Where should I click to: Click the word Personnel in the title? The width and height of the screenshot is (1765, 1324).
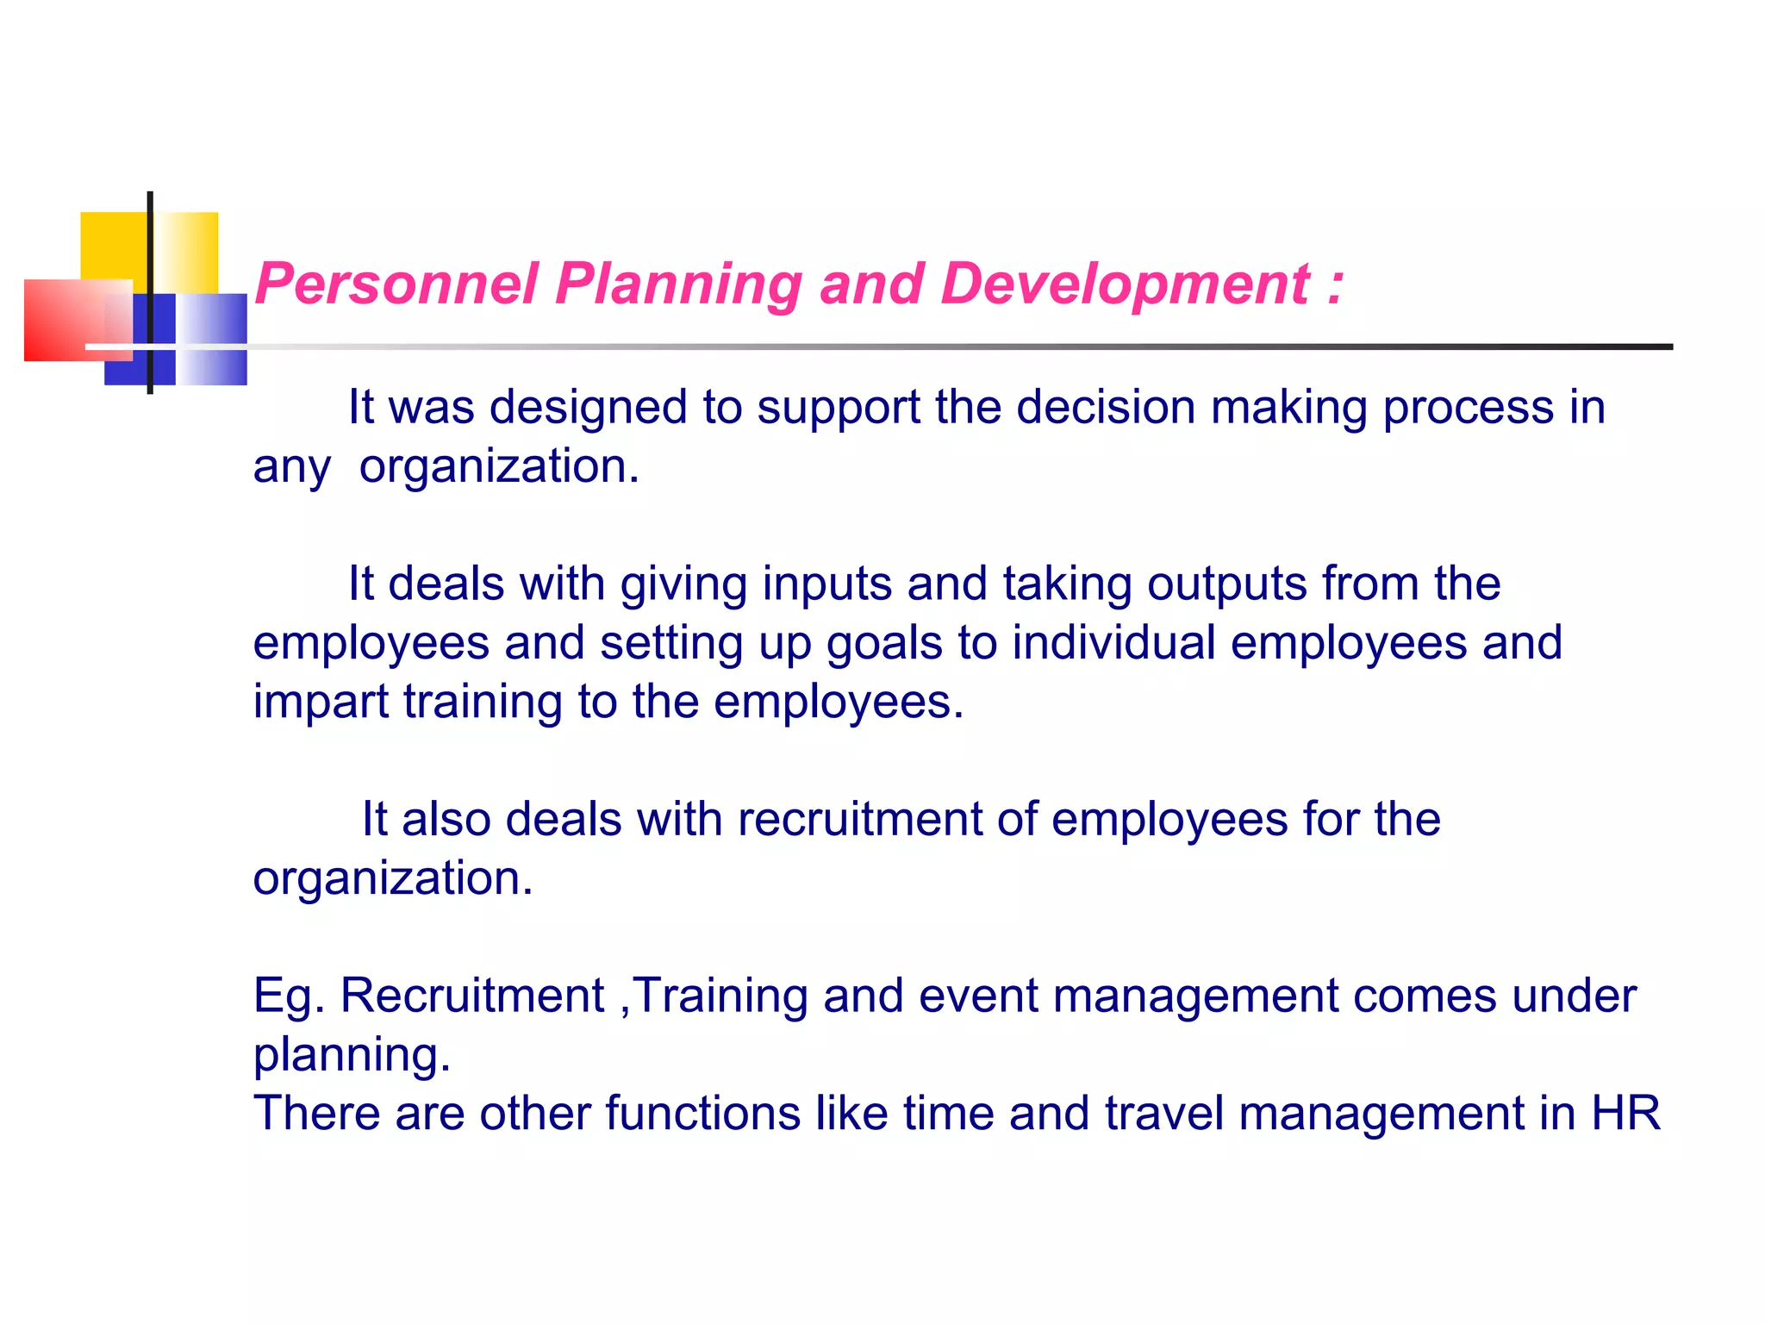pos(396,284)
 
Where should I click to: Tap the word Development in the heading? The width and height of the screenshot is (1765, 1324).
pos(1126,284)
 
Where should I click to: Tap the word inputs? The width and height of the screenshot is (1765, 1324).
pos(827,584)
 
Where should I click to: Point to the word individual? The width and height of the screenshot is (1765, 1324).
pos(1114,642)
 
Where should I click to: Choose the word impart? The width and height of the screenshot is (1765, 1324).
pos(321,702)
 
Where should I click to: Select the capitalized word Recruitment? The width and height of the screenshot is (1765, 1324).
pos(472,996)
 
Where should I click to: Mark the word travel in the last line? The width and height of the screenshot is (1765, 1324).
pos(1164,1113)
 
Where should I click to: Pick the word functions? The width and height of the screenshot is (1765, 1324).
pos(702,1113)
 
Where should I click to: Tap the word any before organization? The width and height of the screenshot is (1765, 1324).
pos(291,468)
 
